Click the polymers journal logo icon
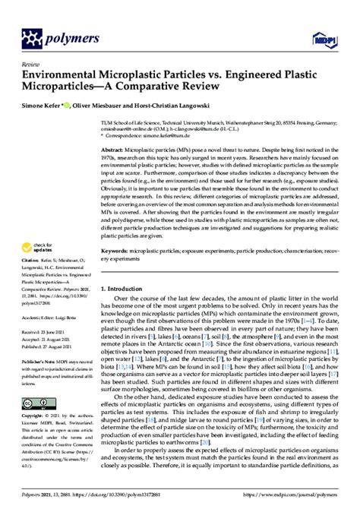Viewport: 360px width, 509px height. tap(33, 36)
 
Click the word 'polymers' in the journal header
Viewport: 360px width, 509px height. tap(74, 36)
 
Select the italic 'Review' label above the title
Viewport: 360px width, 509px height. tap(32, 65)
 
